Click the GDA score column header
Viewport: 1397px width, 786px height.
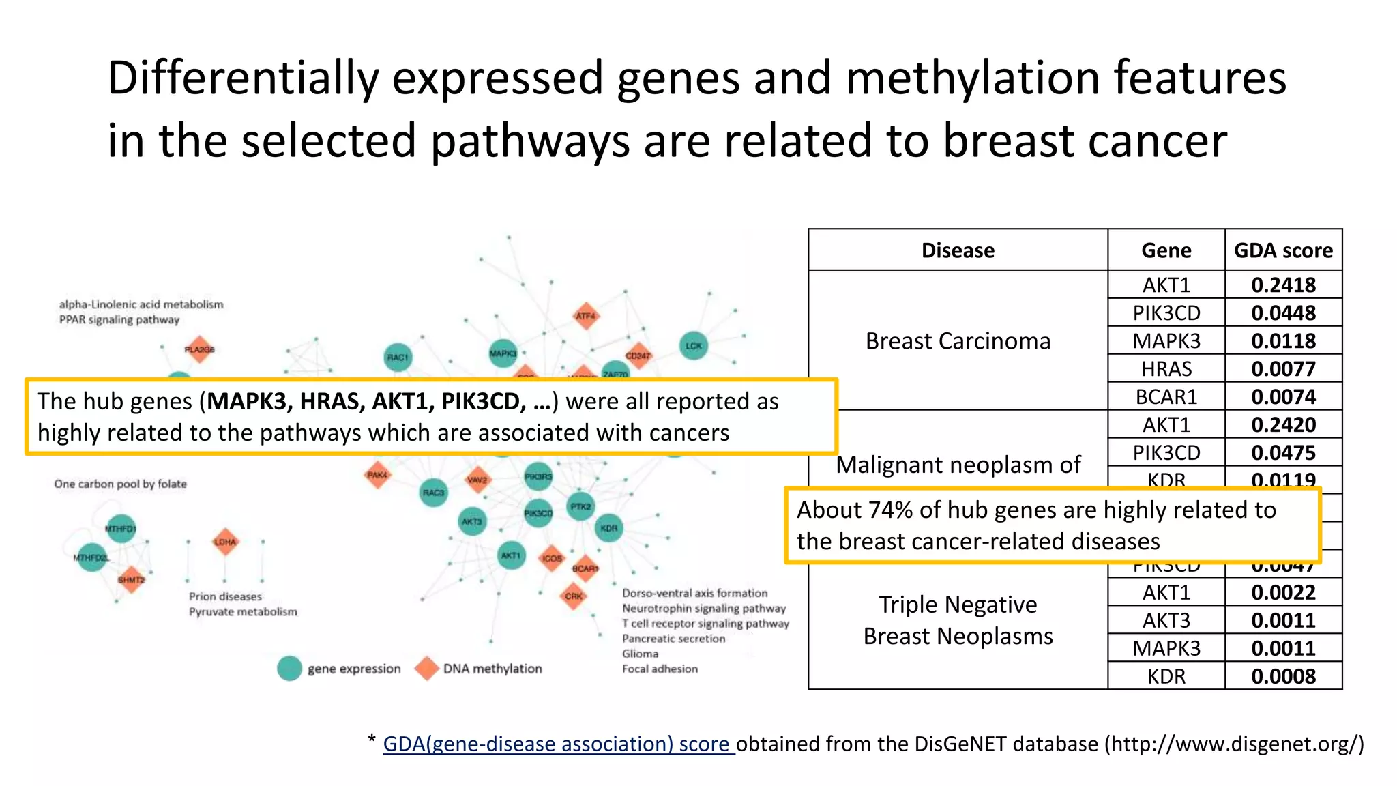pos(1283,250)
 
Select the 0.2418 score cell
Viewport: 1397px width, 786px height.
pos(1283,285)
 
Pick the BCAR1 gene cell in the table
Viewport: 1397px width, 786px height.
pos(1166,396)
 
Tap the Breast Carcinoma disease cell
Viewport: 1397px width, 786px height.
pos(958,340)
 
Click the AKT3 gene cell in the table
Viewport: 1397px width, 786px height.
pos(1166,620)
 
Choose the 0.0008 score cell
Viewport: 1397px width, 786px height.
pos(1283,676)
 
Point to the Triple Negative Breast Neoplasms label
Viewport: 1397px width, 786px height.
pos(958,620)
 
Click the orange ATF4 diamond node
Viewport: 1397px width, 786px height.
pos(585,316)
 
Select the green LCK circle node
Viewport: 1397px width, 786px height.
pos(694,345)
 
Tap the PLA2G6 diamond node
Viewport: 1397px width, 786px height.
pos(199,349)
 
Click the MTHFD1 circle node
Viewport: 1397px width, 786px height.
pos(121,528)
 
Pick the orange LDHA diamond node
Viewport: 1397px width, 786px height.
pos(225,542)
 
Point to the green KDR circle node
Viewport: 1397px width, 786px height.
pos(608,528)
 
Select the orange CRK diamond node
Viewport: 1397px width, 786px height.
pos(574,596)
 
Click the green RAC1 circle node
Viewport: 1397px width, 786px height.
pos(398,357)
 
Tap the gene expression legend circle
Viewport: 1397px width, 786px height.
pos(289,669)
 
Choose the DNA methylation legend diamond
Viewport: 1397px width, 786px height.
pos(427,669)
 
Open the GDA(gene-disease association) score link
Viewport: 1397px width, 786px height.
pos(558,744)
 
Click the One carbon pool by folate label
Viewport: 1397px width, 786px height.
pos(121,484)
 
